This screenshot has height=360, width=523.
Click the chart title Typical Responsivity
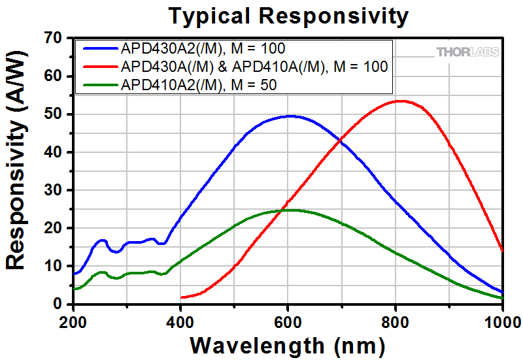point(288,15)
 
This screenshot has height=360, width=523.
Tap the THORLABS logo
point(467,52)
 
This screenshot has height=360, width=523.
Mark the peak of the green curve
point(291,210)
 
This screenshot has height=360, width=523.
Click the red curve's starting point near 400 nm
point(182,297)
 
